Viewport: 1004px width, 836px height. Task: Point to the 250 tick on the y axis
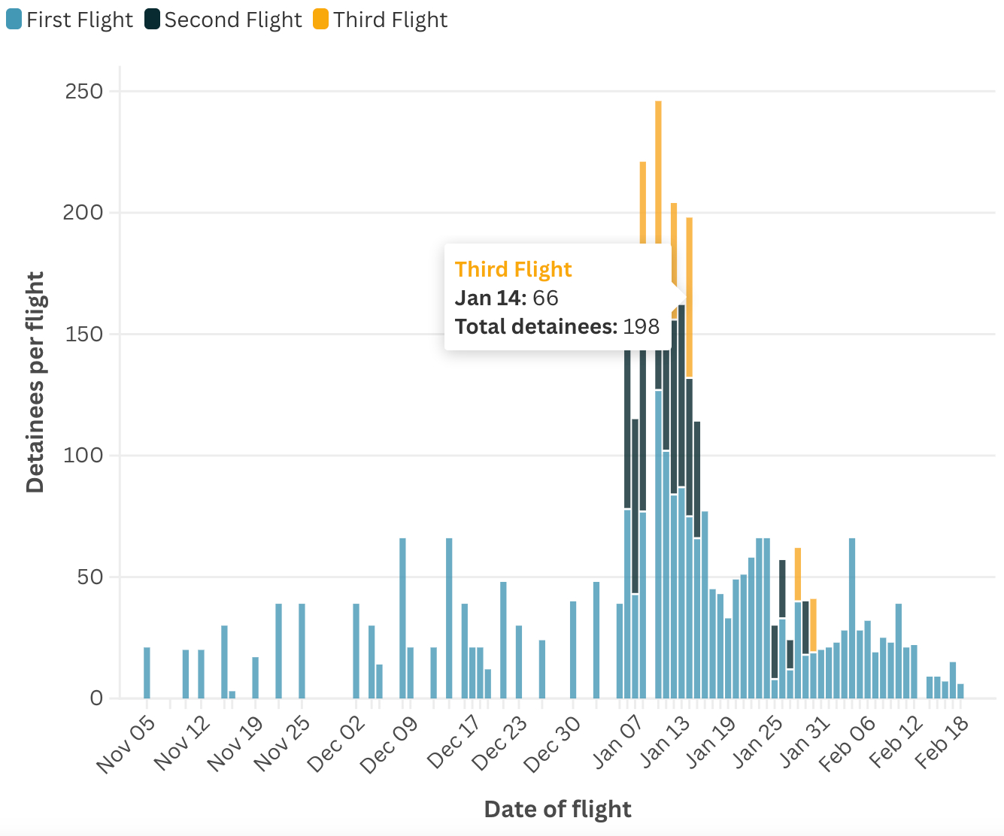tap(84, 92)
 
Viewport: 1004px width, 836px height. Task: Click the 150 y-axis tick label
tap(84, 335)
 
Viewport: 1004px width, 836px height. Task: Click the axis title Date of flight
tap(557, 809)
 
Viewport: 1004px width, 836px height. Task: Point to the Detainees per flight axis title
tap(35, 382)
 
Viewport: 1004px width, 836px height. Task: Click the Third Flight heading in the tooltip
tap(513, 269)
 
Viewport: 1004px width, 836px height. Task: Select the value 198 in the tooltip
tap(641, 327)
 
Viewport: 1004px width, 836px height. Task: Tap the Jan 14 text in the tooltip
tap(490, 298)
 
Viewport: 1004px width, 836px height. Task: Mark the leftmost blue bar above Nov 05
tap(147, 673)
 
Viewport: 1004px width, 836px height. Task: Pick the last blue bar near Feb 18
tap(960, 691)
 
